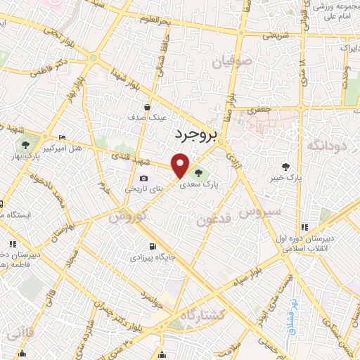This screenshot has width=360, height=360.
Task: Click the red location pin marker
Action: (181, 165)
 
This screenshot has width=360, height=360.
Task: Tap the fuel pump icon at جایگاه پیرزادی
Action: (152, 246)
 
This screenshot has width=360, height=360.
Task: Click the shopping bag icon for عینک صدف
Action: (146, 107)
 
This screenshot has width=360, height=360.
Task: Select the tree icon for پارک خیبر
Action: (285, 167)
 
